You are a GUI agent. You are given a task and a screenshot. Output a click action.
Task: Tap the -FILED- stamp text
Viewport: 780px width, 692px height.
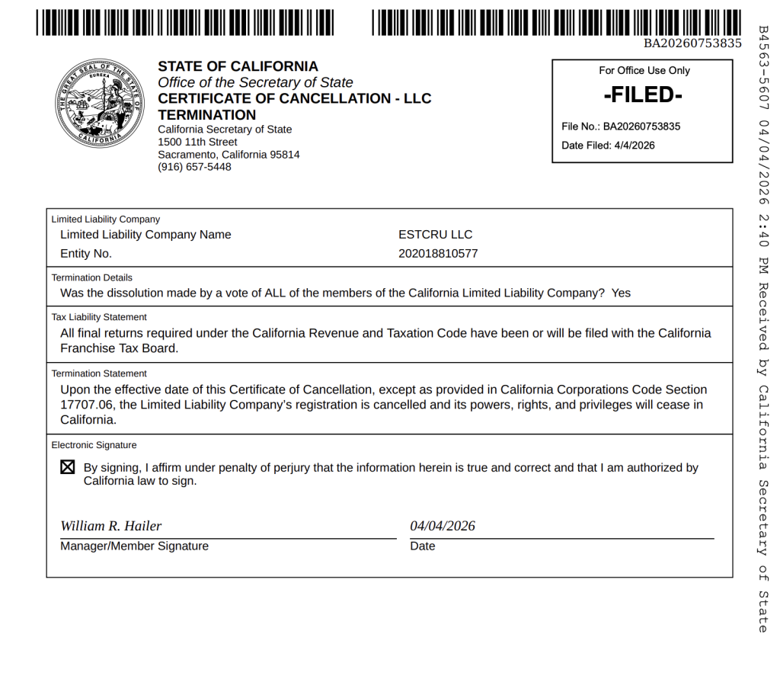point(643,95)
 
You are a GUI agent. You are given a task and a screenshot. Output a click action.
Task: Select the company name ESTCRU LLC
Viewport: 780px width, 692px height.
point(435,235)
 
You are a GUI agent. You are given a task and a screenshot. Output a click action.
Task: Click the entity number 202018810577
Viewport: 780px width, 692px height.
point(438,254)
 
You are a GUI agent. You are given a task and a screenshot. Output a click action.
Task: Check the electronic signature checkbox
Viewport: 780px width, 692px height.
point(68,467)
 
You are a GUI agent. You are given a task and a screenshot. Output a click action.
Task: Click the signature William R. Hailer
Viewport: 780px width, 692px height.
point(111,526)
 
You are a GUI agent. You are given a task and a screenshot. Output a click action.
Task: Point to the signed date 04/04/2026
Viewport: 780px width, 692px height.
point(443,526)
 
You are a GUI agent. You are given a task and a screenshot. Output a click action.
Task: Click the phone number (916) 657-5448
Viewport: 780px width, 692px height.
point(194,167)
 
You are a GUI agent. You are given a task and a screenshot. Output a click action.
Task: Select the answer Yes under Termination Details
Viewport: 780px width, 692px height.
point(621,293)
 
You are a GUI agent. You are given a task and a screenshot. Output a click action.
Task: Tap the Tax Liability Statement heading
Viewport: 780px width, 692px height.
point(99,317)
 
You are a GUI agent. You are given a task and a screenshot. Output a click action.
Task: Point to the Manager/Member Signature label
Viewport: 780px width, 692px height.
point(134,546)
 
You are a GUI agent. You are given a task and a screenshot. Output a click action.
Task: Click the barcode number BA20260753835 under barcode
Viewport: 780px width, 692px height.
point(692,43)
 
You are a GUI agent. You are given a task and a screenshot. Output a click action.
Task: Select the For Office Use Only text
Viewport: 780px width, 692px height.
point(644,71)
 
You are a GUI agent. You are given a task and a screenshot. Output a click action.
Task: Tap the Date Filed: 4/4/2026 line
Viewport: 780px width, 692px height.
point(608,146)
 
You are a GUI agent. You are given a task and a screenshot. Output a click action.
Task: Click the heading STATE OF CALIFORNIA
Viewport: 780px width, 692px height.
point(238,66)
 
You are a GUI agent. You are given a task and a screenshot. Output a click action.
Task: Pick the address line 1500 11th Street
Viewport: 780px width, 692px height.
point(197,142)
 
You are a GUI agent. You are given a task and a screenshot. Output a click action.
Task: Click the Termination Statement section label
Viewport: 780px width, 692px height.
point(99,373)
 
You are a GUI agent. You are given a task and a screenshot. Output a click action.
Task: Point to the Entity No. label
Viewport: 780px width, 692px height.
point(86,254)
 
